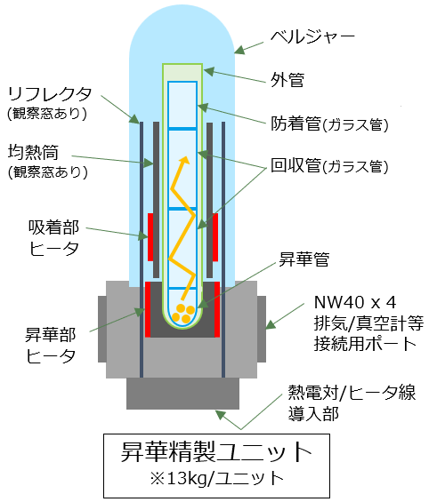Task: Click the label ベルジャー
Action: tap(312, 36)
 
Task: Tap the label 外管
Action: tap(287, 80)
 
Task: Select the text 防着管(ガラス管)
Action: tap(329, 124)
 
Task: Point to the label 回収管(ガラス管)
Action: tap(329, 166)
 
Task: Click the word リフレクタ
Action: tap(50, 94)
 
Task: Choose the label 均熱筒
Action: tap(33, 152)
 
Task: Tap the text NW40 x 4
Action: tap(355, 302)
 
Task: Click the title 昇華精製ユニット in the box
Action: tap(216, 451)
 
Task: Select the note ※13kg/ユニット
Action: tap(216, 478)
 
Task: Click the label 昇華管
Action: tap(304, 259)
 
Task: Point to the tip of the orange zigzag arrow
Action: tap(185, 157)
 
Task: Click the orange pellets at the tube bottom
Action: tap(183, 313)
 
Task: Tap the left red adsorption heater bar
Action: tap(150, 237)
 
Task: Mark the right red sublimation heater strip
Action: tap(217, 309)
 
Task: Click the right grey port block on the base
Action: tap(262, 329)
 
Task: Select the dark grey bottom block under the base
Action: tap(182, 394)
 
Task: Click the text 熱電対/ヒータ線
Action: tap(352, 393)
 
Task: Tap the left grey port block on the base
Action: tap(102, 329)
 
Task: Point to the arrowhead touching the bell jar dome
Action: tap(239, 50)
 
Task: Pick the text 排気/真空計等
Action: tap(368, 323)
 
